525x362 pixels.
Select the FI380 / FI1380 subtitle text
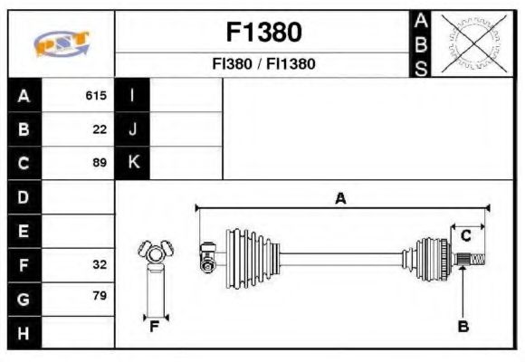(262, 64)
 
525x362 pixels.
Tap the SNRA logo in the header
(61, 43)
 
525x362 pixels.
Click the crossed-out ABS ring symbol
(469, 43)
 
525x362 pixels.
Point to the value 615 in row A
(96, 96)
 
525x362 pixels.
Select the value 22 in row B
(100, 129)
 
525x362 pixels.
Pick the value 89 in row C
(100, 163)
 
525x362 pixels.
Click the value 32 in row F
(100, 264)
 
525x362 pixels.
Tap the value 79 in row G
(100, 296)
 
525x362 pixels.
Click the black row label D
(24, 196)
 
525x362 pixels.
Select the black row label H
(24, 332)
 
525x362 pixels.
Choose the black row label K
(133, 163)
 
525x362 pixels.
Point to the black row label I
(133, 96)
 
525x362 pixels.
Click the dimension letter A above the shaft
(340, 198)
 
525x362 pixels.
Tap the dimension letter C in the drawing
(465, 235)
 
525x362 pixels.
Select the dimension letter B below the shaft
(463, 327)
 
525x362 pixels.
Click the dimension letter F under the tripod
(154, 326)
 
